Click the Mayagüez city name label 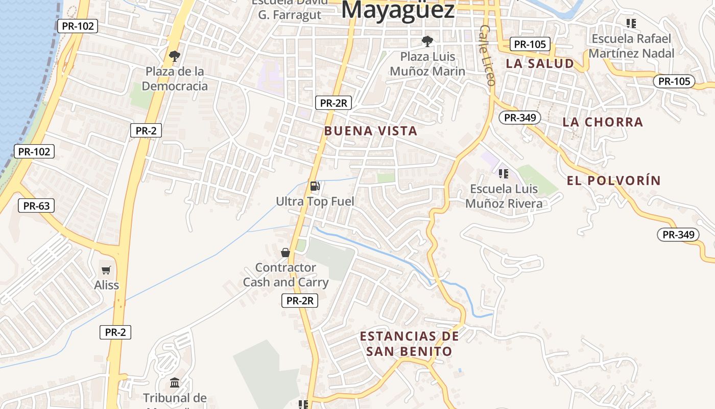tap(398, 10)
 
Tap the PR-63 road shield tap(36, 206)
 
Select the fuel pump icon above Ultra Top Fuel tap(315, 186)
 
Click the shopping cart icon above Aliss tap(106, 270)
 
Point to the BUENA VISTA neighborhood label tap(371, 131)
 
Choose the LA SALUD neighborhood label tap(540, 64)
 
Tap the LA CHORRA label tap(603, 122)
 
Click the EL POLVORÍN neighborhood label tap(614, 180)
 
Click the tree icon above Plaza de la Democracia tap(175, 56)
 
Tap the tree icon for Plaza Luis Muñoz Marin tap(427, 41)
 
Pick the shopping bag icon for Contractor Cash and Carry tap(285, 253)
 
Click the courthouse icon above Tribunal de tap(175, 382)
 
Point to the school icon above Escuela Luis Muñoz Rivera tap(504, 174)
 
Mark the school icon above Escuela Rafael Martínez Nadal tap(631, 24)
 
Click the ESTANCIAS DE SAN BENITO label tap(409, 344)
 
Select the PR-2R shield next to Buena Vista tap(333, 103)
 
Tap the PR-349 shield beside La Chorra tap(519, 118)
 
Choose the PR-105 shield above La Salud tap(530, 44)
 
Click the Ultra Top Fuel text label tap(315, 201)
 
